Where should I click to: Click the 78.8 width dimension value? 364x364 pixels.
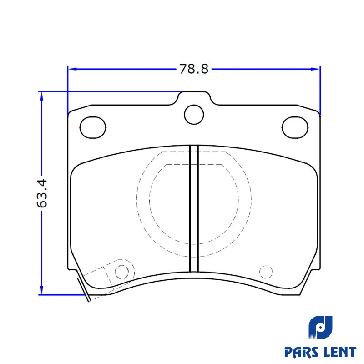coord(194,69)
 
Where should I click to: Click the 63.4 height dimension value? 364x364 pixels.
coord(42,193)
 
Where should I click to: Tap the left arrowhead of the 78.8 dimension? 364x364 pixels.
coord(72,69)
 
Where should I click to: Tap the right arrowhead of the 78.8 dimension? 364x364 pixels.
coord(315,69)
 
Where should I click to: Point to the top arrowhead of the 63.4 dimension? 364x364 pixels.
coord(42,96)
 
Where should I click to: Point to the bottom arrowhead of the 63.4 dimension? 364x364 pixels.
coord(42,290)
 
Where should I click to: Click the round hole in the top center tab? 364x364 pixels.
coord(194,115)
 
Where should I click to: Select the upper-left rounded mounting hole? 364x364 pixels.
coord(93,128)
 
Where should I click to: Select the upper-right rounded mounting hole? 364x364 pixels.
coord(295,128)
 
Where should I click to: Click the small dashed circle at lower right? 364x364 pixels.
coord(266,272)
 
